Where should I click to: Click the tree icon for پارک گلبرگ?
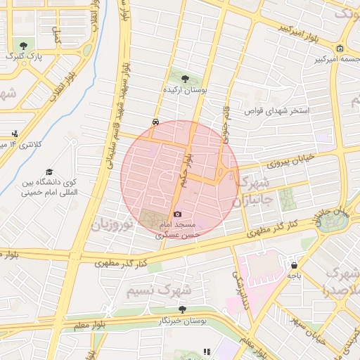[x=24, y=46]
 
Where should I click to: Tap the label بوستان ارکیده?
[x=185, y=91]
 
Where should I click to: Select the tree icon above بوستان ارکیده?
[x=185, y=79]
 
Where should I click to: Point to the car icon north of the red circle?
[x=155, y=121]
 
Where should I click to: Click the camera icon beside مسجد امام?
[x=177, y=214]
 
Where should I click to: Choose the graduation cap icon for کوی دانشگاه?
[x=49, y=172]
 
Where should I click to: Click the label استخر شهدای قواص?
[x=277, y=111]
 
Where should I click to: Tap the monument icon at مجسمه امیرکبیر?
[x=340, y=49]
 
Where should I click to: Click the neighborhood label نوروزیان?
[x=111, y=226]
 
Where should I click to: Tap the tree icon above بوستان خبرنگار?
[x=182, y=309]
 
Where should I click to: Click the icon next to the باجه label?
[x=293, y=265]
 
